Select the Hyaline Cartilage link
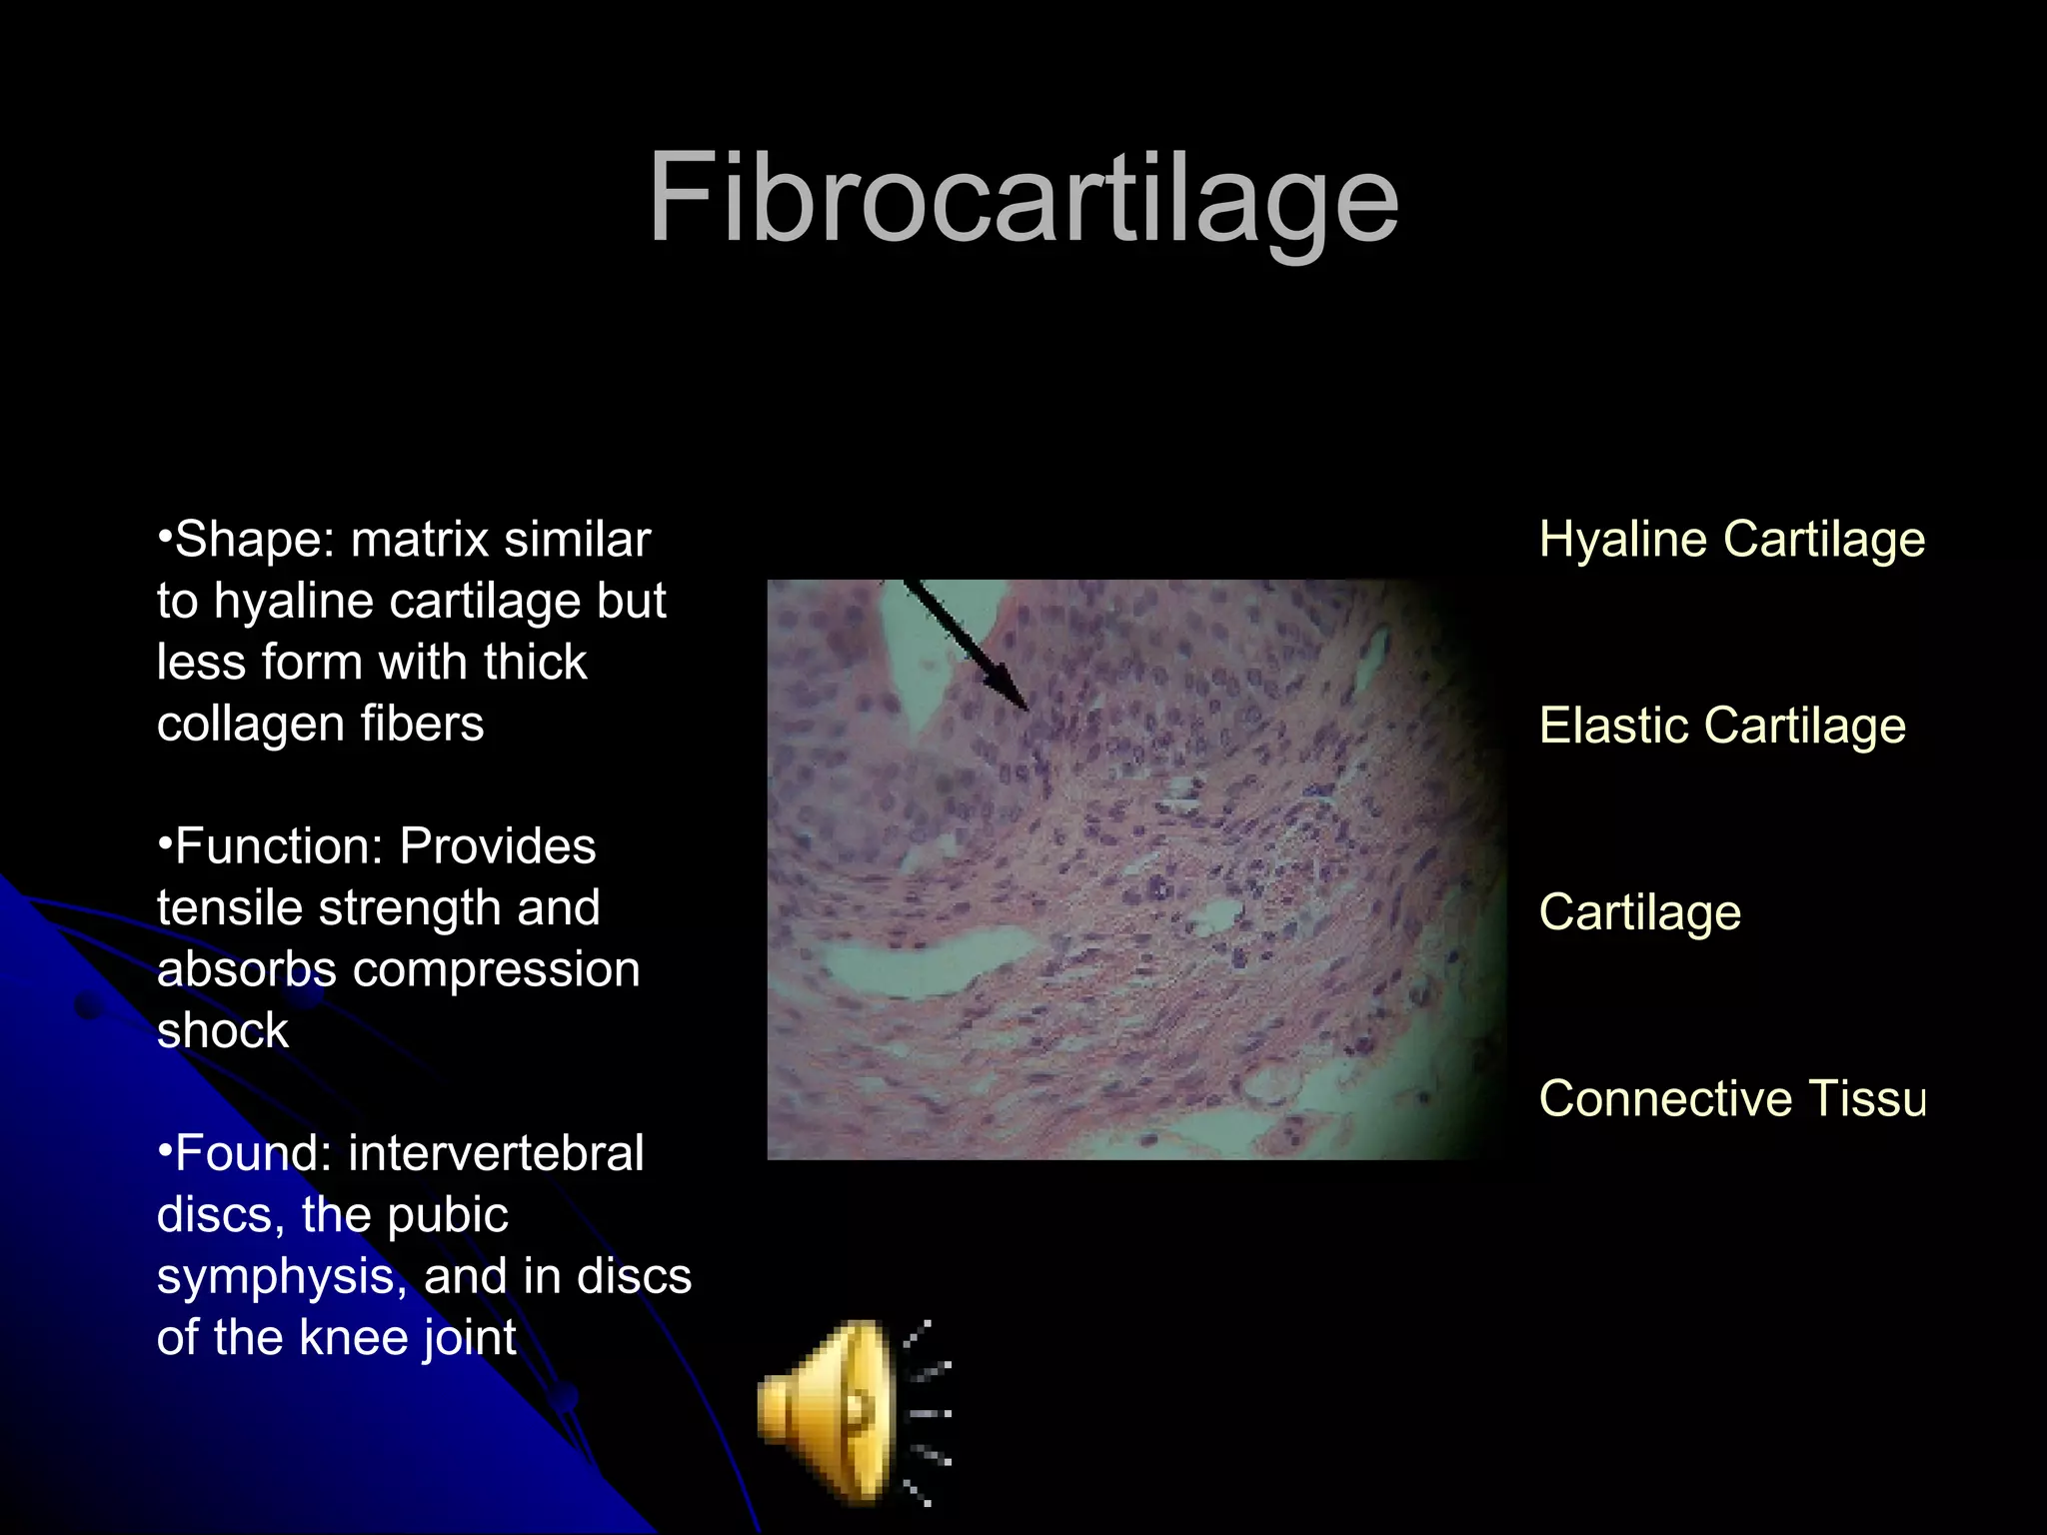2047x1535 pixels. click(1731, 540)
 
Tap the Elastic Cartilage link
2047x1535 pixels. click(1722, 726)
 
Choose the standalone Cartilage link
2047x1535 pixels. click(1639, 912)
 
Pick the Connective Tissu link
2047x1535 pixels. click(1731, 1098)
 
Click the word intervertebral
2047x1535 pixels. click(496, 1153)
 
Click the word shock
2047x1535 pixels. click(222, 1030)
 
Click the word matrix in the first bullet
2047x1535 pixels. click(419, 541)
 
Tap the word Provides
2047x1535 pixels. click(497, 846)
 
